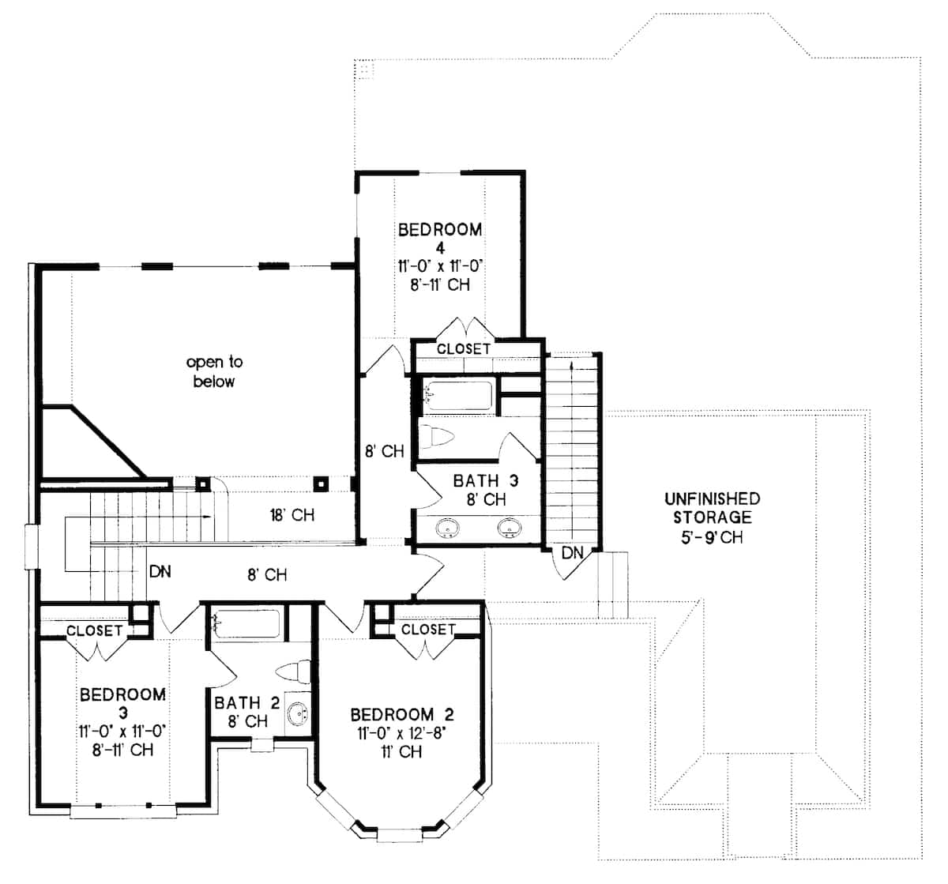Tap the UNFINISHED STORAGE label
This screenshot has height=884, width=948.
click(x=712, y=508)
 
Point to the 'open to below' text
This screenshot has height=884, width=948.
click(x=214, y=371)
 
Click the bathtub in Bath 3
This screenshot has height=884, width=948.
click(x=459, y=394)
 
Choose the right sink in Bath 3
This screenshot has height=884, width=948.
click(x=508, y=528)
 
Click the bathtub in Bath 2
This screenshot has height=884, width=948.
click(x=246, y=623)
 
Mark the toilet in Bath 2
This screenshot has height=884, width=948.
click(x=292, y=672)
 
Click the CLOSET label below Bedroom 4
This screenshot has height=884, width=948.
click(x=464, y=348)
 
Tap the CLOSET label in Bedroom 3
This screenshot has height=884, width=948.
click(x=94, y=630)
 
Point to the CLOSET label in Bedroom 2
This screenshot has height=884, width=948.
click(x=428, y=629)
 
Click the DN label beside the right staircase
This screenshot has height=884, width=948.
click(x=572, y=554)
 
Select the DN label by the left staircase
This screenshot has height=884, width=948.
click(x=160, y=571)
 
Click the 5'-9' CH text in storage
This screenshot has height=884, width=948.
click(x=711, y=537)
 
